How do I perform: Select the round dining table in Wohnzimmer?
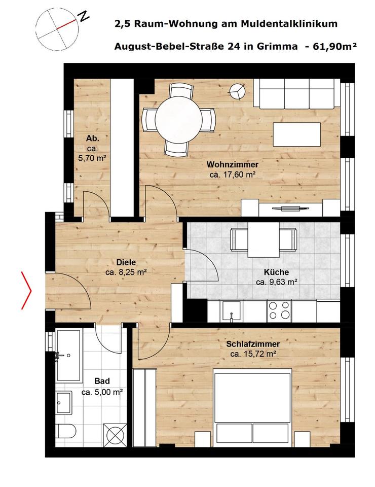(178, 120)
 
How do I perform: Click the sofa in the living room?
(297, 93)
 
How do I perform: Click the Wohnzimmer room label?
(232, 164)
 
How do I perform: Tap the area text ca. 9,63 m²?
(276, 282)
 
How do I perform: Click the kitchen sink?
(232, 310)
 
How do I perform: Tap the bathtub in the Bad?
(68, 355)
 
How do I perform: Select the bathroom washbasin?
(65, 404)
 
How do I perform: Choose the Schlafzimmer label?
(253, 344)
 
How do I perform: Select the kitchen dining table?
(263, 239)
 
